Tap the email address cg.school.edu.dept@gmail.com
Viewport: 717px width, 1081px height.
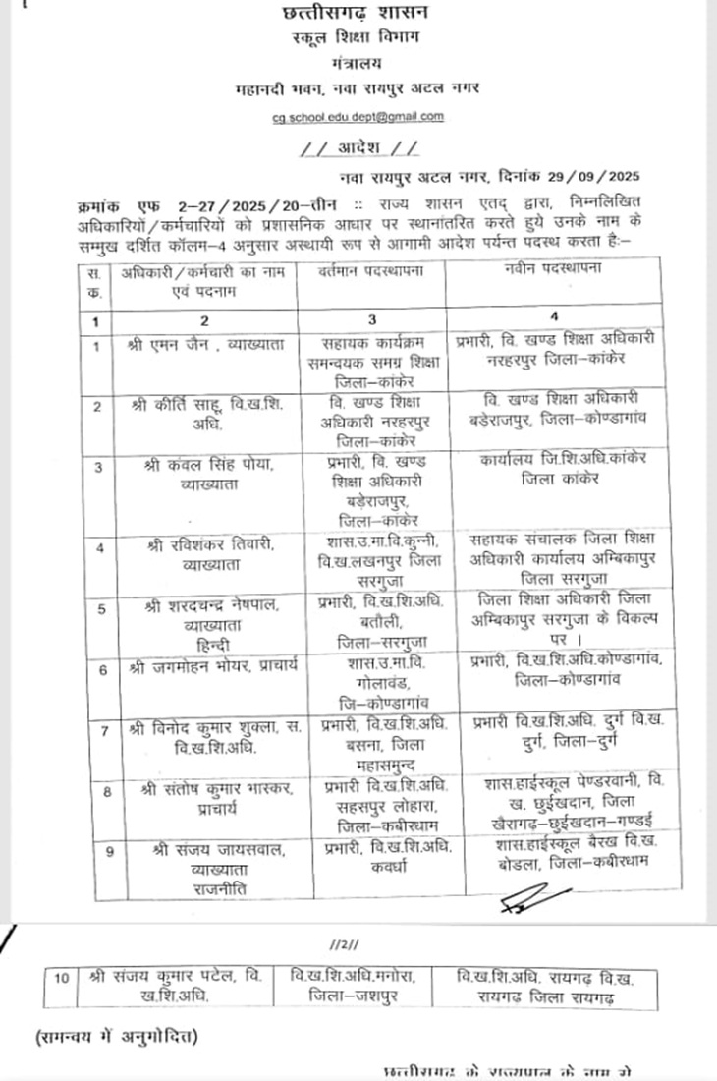tap(358, 116)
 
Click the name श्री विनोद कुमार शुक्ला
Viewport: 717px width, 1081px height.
tap(196, 728)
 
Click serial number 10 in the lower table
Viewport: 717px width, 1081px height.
tap(62, 977)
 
